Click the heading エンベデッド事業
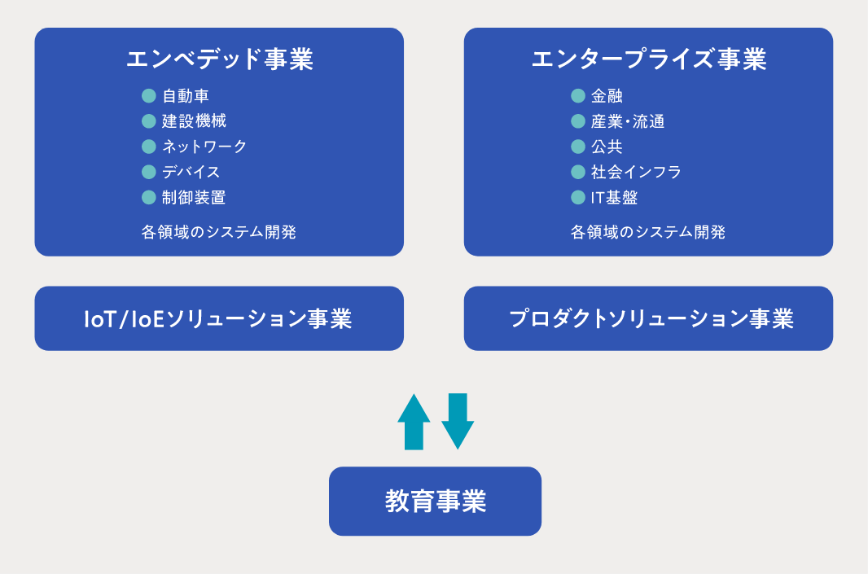click(220, 59)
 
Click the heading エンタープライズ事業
click(649, 59)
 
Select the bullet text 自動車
click(186, 96)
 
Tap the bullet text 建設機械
click(194, 120)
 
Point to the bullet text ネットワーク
click(204, 146)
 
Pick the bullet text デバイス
click(191, 172)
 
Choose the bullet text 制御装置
click(194, 197)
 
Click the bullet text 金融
click(607, 96)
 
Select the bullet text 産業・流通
click(628, 120)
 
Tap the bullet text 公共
click(607, 146)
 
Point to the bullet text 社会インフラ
click(636, 172)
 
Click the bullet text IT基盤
click(615, 197)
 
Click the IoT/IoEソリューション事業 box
click(219, 318)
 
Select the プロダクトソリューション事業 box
click(648, 318)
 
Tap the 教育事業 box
click(435, 501)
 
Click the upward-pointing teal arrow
click(414, 421)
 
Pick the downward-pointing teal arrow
click(458, 421)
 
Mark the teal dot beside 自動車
click(149, 96)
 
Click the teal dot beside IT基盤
click(578, 197)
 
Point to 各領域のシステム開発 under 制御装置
click(219, 231)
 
